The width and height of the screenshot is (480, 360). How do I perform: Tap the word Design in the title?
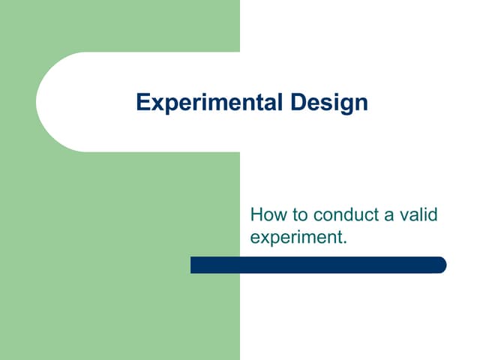pyautogui.click(x=328, y=103)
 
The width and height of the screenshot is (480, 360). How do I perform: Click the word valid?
pyautogui.click(x=418, y=215)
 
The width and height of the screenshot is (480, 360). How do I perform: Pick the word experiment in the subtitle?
pyautogui.click(x=295, y=238)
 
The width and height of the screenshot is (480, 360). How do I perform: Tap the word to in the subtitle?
pyautogui.click(x=298, y=216)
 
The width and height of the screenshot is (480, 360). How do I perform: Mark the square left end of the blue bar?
pyautogui.click(x=193, y=265)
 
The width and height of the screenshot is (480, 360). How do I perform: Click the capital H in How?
pyautogui.click(x=256, y=215)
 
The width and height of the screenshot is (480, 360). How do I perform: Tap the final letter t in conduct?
pyautogui.click(x=373, y=215)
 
